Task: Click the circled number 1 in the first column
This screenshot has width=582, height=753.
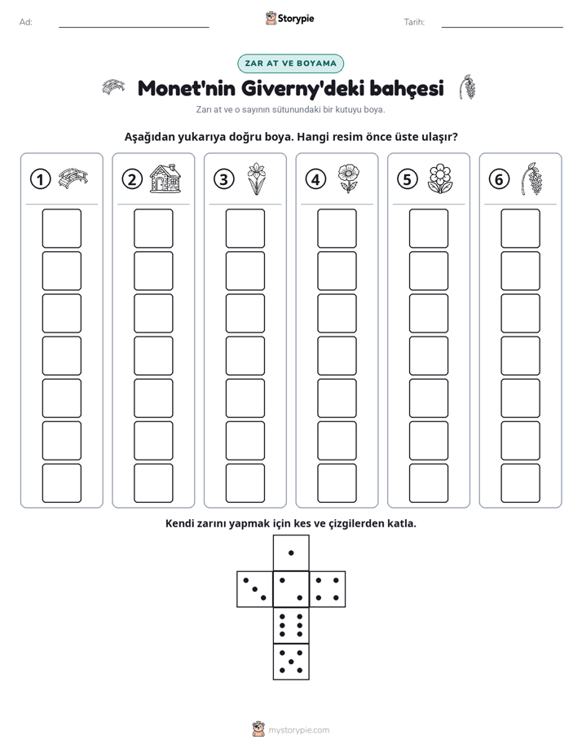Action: (40, 179)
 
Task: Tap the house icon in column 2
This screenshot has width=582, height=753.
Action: (165, 178)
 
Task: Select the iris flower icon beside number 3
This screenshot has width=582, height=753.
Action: (257, 178)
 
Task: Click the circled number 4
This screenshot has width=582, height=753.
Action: (315, 179)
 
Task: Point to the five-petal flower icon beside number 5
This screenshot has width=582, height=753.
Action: (440, 178)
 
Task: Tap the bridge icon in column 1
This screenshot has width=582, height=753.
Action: (73, 178)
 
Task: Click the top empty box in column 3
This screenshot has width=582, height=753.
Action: (245, 228)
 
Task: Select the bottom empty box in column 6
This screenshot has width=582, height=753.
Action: (520, 483)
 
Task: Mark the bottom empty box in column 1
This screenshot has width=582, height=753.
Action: (61, 483)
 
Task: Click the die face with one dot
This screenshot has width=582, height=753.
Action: (291, 553)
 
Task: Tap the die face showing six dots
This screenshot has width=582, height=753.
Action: (291, 625)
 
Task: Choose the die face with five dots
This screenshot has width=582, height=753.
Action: (291, 661)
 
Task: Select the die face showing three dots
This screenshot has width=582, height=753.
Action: (255, 588)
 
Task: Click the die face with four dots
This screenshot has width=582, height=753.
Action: (328, 588)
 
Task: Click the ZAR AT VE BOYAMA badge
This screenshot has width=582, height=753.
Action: (290, 64)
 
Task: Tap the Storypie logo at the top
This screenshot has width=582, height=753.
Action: (289, 19)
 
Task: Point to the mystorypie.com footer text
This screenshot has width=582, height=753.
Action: (298, 730)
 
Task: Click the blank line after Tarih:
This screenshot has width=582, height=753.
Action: (502, 27)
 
